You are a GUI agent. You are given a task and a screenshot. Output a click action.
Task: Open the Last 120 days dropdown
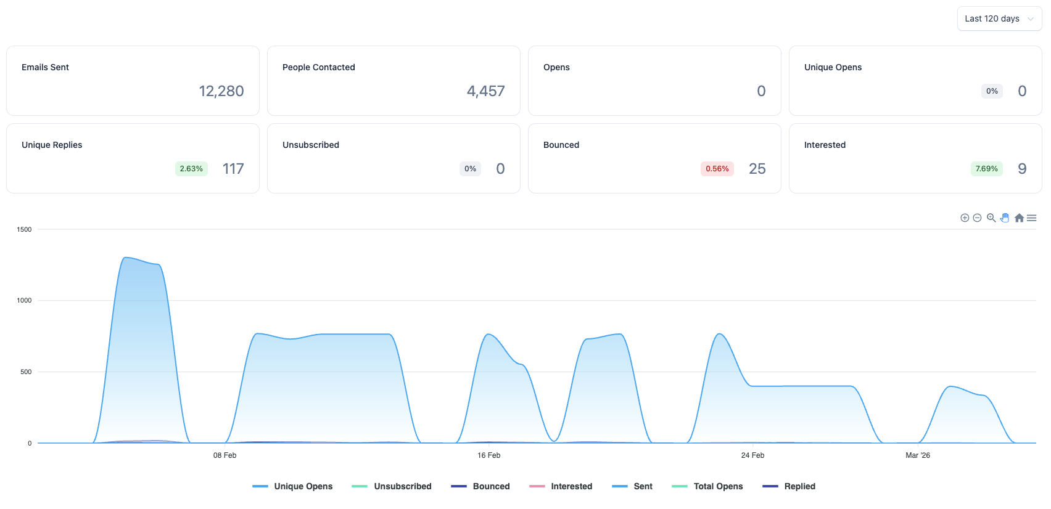click(999, 18)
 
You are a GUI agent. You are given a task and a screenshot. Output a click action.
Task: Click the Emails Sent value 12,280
click(221, 91)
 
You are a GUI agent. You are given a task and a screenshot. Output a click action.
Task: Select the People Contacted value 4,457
click(485, 91)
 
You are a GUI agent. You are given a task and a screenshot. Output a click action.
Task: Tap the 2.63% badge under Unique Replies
click(191, 169)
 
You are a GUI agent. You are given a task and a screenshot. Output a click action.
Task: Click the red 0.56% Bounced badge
click(717, 169)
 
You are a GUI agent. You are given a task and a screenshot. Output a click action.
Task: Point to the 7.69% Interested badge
click(987, 169)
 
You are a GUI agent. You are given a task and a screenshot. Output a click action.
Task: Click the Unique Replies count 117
click(233, 169)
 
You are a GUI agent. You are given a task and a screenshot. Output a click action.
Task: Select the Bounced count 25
click(757, 169)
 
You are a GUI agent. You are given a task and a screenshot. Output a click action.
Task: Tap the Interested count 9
click(1023, 169)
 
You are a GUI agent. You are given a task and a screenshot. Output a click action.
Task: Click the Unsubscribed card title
click(311, 145)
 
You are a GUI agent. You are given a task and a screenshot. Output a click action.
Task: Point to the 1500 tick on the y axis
click(25, 229)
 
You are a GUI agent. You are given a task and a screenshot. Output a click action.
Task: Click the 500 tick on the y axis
click(27, 372)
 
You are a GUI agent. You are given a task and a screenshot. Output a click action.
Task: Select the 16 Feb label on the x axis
click(489, 455)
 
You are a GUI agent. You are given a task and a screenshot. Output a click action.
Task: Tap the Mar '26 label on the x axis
click(918, 455)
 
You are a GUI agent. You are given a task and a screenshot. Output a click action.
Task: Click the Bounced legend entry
click(480, 486)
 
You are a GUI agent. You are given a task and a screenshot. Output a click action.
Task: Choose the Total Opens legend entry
click(707, 486)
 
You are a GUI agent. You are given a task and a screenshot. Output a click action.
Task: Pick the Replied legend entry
click(789, 486)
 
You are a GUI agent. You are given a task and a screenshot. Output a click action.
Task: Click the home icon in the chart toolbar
click(1019, 218)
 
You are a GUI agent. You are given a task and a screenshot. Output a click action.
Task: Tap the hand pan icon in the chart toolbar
click(1005, 218)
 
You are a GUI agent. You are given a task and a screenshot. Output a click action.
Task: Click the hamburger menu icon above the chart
click(1032, 218)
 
